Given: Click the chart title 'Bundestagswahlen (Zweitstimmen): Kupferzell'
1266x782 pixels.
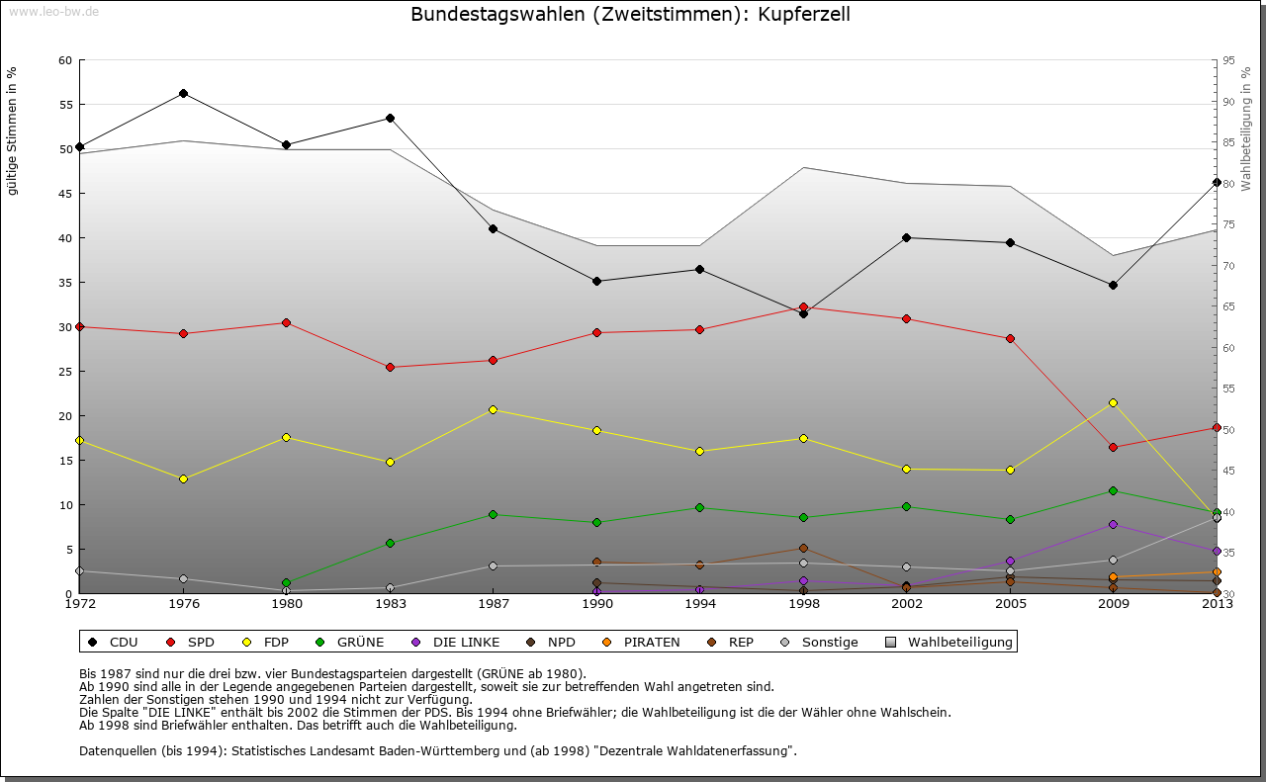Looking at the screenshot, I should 630,15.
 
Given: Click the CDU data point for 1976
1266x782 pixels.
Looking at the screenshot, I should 183,94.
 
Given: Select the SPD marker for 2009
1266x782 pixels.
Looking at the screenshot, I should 1113,447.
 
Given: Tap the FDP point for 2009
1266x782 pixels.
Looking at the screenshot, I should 1113,402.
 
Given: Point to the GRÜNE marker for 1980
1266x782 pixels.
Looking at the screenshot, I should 286,583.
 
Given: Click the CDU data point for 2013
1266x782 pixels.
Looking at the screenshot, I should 1216,182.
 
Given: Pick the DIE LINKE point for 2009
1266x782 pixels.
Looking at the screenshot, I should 1113,524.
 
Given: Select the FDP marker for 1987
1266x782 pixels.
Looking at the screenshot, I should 493,409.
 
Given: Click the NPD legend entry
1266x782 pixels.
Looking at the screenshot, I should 554,643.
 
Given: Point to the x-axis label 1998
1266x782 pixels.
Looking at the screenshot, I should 803,603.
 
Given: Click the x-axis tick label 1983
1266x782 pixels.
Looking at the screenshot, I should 390,603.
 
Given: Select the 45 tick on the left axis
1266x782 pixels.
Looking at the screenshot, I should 65,194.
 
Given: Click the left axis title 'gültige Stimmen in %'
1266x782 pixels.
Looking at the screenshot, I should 13,130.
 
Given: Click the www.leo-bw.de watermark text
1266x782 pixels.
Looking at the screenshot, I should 53,11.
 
